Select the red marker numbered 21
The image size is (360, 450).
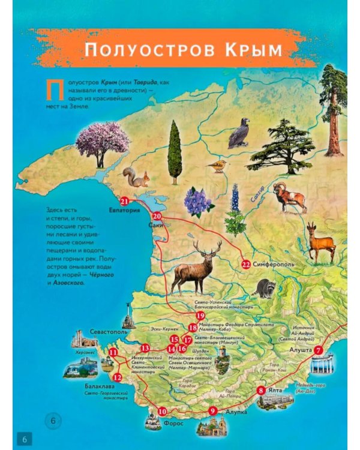coord(125,201)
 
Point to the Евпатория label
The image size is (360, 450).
coord(125,211)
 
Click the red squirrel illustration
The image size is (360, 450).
coord(136,177)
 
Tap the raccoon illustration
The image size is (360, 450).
coord(263,289)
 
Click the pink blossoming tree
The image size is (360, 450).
coord(103,143)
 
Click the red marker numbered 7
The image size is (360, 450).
coord(319,350)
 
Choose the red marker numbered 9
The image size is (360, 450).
coord(212,410)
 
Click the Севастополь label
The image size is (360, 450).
coord(108,331)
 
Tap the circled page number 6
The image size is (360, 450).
coord(53,420)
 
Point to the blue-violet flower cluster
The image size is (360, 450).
coord(199,202)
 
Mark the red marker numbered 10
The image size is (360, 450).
coord(162,412)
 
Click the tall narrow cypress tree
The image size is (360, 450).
coord(175,151)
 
